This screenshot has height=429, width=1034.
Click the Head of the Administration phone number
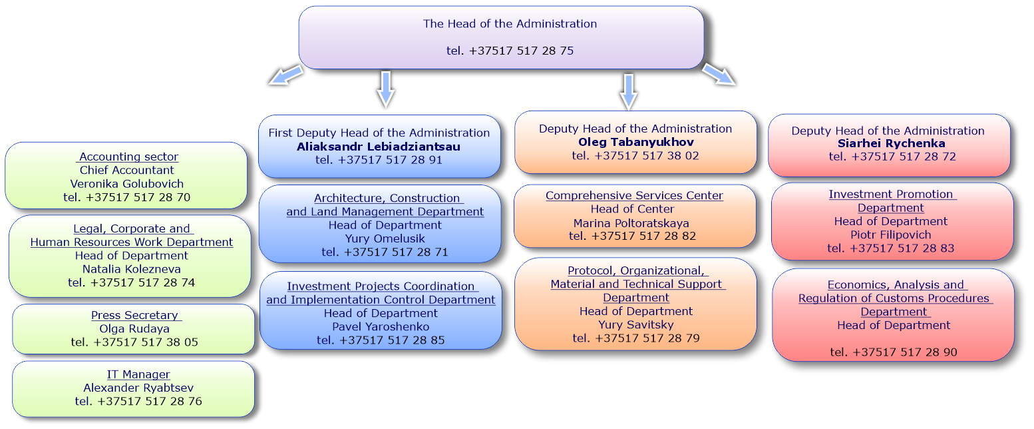[x=510, y=51]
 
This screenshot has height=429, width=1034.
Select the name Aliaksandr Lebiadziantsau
[x=379, y=147]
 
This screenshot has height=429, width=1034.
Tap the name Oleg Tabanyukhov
[x=636, y=142]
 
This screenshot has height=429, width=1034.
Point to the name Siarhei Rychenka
[x=892, y=143]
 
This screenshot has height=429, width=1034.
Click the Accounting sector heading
[x=128, y=157]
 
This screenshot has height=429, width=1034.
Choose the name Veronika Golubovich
[x=127, y=184]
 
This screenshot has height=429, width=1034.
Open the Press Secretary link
[x=135, y=315]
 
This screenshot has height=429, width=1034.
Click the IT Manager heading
[x=138, y=374]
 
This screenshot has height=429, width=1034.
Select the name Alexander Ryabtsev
[x=138, y=388]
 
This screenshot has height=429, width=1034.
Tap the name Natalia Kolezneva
[x=132, y=269]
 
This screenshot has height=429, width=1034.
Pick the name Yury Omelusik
[x=385, y=238]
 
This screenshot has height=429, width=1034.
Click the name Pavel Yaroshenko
[x=381, y=326]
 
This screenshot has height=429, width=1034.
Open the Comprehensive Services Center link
[x=634, y=196]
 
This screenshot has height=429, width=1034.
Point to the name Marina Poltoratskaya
[x=631, y=223]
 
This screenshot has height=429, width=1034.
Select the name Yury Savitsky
[x=636, y=324]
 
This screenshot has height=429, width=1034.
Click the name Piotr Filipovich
[x=891, y=235]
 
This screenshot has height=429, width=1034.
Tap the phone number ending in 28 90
[x=894, y=352]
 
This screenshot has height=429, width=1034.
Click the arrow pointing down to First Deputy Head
[x=386, y=89]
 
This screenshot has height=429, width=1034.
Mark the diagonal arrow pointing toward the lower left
[x=286, y=75]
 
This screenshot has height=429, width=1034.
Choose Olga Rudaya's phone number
[x=134, y=342]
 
